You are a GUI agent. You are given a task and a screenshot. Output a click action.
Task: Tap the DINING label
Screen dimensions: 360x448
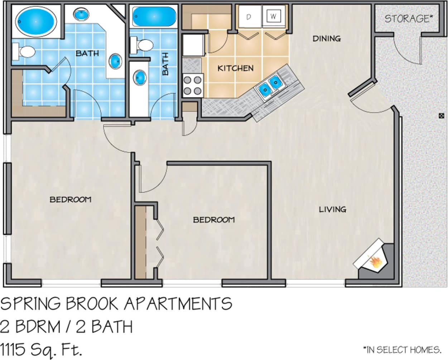[x=326, y=38]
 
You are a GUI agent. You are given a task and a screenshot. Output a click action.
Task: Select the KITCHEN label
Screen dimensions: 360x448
[x=235, y=68]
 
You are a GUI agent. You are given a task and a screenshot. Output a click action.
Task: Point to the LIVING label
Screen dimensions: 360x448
[x=332, y=209]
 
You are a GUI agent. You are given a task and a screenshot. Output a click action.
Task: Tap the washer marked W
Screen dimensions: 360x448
[x=274, y=16]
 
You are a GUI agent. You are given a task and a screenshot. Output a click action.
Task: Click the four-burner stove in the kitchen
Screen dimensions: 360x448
[x=193, y=85]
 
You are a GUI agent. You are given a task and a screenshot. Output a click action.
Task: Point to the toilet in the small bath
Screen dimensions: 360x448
[x=143, y=45]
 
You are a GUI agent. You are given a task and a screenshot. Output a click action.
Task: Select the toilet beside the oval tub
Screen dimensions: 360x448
[x=24, y=52]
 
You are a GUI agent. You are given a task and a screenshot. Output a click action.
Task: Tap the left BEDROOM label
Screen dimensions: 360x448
[x=70, y=199]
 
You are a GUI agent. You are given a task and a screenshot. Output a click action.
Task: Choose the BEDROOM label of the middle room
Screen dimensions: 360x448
[x=214, y=219]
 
